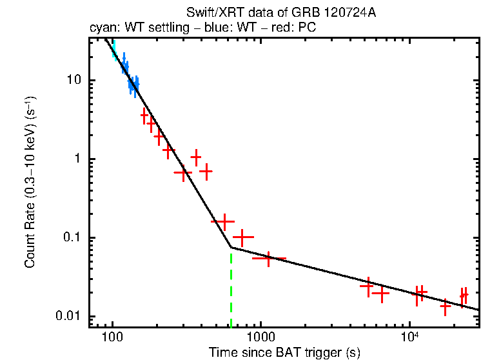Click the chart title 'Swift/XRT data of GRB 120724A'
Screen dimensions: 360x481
pos(280,14)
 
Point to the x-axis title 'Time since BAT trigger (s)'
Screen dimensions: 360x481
pos(284,352)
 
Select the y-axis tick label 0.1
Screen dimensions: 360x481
pos(70,238)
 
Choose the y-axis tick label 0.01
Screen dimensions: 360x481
pos(67,317)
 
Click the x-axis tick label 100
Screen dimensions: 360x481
pos(112,337)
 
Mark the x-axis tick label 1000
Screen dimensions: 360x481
pos(261,337)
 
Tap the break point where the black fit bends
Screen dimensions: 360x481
pos(231,247)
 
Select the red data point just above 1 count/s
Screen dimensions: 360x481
pos(196,157)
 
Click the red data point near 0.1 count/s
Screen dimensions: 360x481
pos(242,237)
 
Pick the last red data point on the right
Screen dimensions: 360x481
pos(464,295)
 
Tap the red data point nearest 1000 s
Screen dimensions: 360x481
pos(269,258)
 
